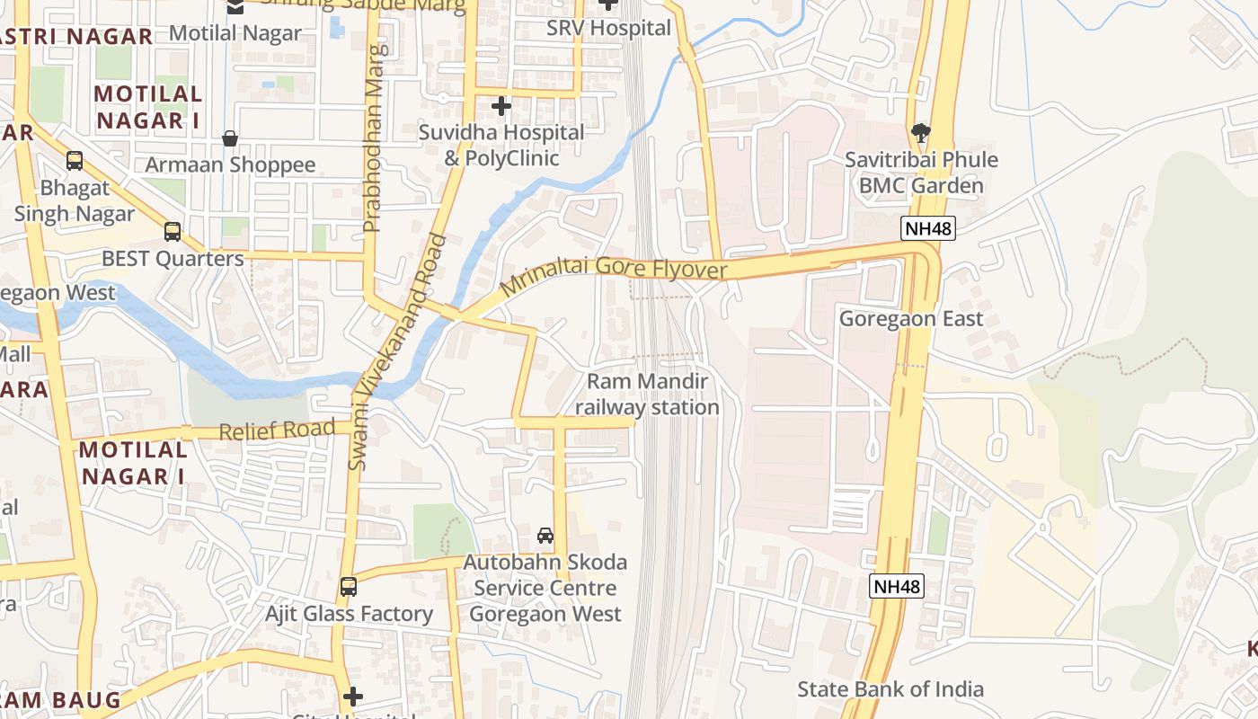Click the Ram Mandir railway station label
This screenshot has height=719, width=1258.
647,395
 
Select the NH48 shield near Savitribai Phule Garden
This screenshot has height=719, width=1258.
927,228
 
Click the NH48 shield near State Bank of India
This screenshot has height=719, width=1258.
897,587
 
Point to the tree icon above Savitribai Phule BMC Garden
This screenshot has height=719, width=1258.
920,133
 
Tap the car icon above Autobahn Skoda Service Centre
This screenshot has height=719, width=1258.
545,536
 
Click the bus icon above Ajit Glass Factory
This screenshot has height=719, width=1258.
349,587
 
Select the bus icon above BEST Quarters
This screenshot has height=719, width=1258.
173,232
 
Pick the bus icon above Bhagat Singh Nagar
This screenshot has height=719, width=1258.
75,161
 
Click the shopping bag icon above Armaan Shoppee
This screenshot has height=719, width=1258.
230,138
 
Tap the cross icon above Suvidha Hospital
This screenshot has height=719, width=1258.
501,106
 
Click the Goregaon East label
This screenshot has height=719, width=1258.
911,319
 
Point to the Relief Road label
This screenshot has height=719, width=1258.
277,431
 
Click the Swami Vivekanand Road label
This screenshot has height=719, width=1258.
398,351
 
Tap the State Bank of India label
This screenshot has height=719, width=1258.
890,689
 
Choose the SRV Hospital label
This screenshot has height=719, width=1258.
608,28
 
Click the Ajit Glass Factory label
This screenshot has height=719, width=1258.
349,614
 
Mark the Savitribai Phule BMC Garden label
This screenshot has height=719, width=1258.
921,173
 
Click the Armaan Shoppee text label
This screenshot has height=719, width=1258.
230,165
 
